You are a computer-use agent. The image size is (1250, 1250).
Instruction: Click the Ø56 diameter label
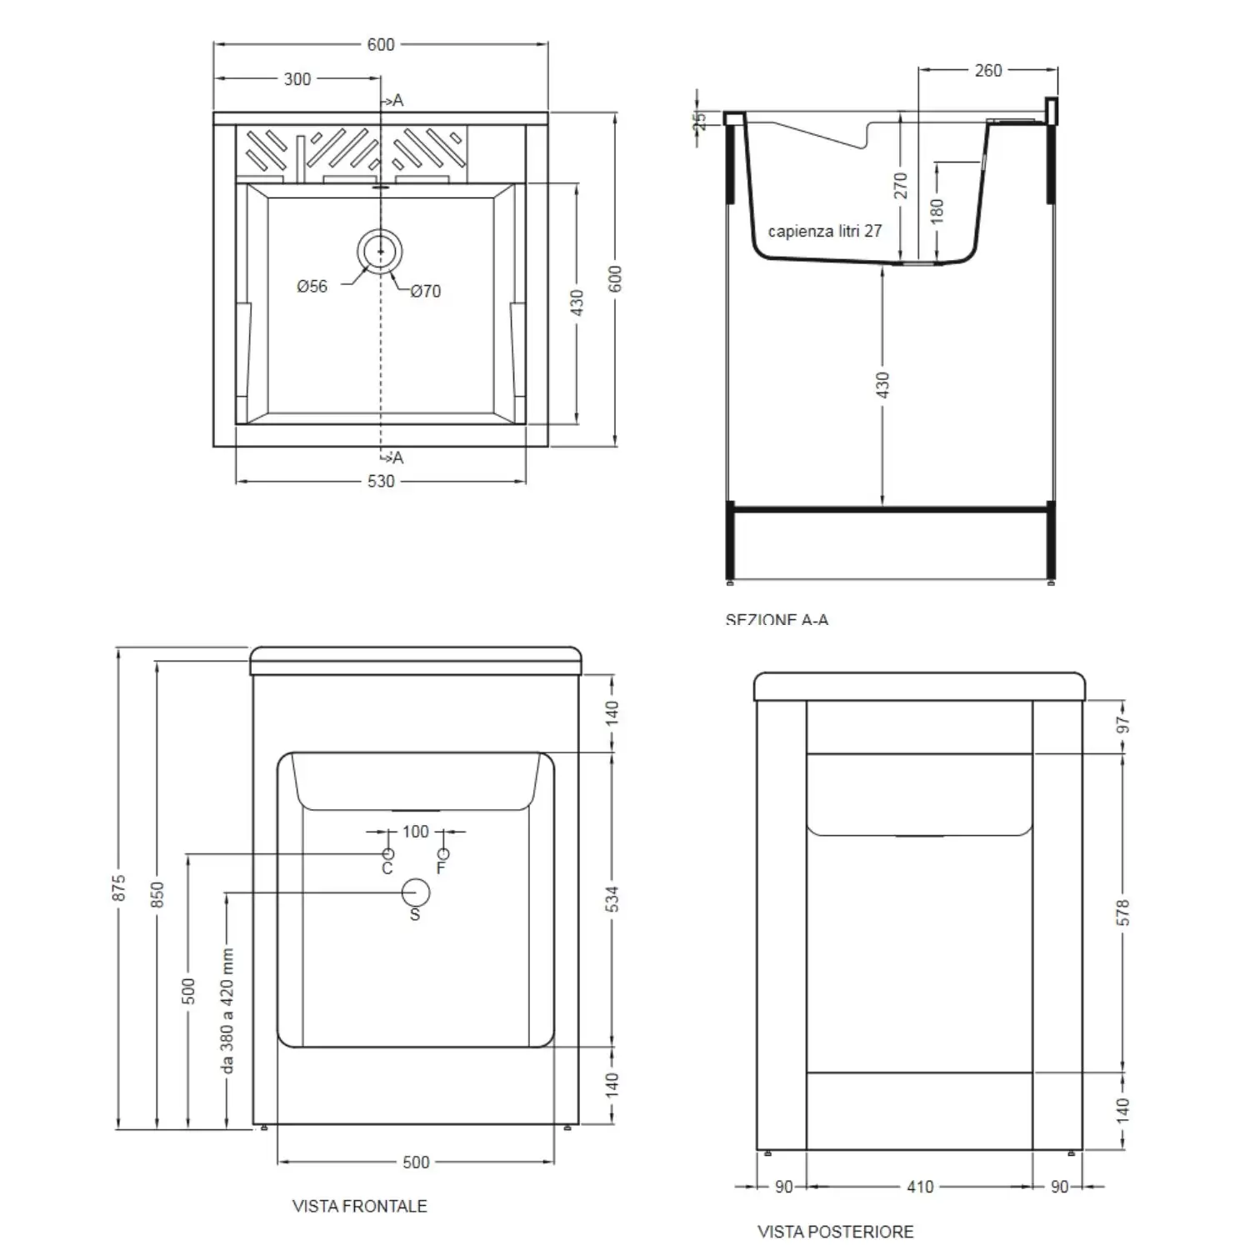click(312, 287)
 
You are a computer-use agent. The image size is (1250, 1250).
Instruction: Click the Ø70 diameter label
click(425, 291)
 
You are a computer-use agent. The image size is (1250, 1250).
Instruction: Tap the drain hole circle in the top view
click(380, 250)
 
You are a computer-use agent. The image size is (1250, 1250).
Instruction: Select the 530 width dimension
click(381, 481)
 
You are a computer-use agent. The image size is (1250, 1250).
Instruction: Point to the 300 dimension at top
click(297, 79)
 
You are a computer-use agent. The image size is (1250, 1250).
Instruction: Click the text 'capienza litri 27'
click(824, 231)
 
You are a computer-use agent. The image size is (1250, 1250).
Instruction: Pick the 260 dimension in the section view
click(988, 71)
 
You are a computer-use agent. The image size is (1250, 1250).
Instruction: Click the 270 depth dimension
click(901, 185)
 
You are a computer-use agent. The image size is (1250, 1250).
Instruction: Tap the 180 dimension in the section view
click(937, 210)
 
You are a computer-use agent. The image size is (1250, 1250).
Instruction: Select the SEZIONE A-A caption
click(777, 619)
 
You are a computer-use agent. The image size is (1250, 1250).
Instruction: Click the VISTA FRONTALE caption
click(359, 1206)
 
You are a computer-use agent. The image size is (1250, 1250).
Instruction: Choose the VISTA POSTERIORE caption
click(835, 1232)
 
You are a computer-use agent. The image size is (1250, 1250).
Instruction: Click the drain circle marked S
click(415, 892)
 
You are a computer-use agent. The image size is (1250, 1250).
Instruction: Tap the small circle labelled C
click(387, 854)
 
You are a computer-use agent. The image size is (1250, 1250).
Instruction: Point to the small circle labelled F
click(443, 854)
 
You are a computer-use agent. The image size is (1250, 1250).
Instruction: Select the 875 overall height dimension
click(119, 887)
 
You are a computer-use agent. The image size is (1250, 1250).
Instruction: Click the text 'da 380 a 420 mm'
click(227, 1010)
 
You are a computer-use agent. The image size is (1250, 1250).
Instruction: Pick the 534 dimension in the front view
click(612, 898)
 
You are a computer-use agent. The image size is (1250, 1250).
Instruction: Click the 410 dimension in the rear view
click(920, 1187)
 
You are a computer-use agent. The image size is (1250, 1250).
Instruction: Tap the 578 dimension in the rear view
click(1122, 912)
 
